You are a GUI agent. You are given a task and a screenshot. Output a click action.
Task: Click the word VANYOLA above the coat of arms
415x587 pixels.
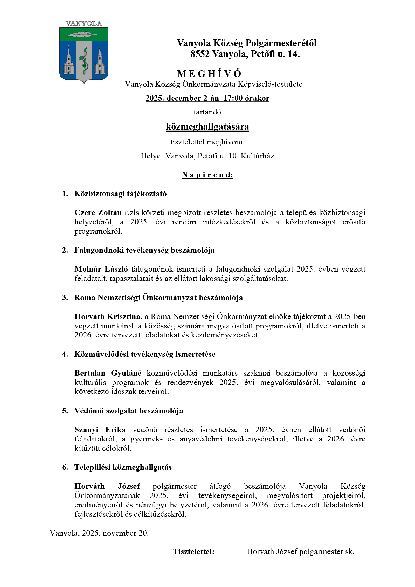(84, 24)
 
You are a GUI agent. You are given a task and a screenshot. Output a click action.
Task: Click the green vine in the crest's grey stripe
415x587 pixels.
(84, 61)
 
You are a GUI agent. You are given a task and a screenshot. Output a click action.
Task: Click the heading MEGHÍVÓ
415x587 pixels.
(209, 74)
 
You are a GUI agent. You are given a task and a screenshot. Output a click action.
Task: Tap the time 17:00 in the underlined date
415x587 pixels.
(233, 98)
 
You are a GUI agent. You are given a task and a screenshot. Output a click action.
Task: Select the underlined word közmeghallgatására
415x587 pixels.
(207, 127)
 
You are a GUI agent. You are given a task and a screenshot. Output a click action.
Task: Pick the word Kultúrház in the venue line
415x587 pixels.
(257, 156)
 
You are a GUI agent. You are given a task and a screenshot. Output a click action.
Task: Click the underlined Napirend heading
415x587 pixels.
(207, 175)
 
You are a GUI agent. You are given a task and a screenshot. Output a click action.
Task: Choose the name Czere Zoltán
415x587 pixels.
(98, 212)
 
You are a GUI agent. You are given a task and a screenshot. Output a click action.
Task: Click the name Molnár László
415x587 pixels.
(101, 269)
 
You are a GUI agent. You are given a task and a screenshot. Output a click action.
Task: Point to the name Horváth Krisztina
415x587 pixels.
(107, 316)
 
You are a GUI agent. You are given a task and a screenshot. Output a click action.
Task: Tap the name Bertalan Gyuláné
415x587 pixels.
(108, 373)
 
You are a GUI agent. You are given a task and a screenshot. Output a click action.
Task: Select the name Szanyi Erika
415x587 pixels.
(100, 430)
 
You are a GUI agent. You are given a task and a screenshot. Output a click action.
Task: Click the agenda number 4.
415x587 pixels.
(65, 354)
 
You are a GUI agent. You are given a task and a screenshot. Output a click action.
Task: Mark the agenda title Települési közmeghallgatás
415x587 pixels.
(123, 467)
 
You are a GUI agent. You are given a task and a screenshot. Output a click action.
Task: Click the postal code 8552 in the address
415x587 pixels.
(200, 54)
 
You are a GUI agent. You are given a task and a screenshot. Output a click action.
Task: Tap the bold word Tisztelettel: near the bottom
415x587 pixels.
(193, 551)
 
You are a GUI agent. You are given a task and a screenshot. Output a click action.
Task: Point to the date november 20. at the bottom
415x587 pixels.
(126, 533)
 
